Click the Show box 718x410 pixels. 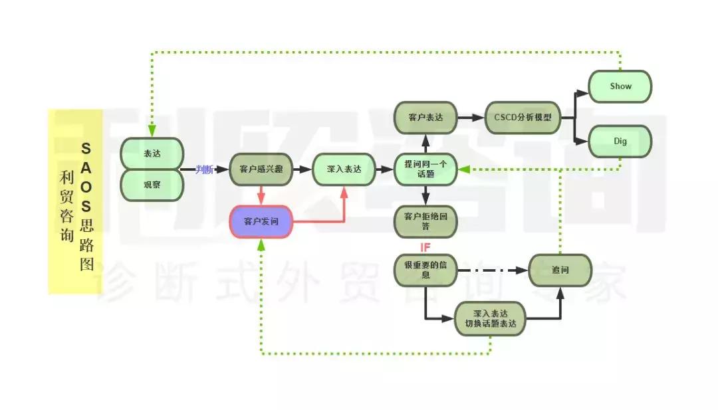point(620,86)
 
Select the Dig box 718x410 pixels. point(620,141)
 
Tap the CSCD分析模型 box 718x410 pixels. point(523,118)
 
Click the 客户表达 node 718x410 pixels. point(425,118)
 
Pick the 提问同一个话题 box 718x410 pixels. point(425,169)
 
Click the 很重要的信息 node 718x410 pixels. point(425,270)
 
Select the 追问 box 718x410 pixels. point(560,270)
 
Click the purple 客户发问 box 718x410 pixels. point(261,222)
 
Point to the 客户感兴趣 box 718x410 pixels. point(261,169)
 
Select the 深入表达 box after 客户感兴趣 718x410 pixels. point(344,169)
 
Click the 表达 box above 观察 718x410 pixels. point(152,153)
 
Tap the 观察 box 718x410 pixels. point(152,185)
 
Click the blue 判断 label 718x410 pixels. point(204,170)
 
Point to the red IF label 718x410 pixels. point(425,248)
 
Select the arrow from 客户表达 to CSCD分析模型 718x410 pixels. point(471,118)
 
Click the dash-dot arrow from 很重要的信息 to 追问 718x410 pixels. point(493,270)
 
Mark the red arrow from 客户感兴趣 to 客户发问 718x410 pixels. point(261,195)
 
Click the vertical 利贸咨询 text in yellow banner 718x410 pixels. point(66,206)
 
